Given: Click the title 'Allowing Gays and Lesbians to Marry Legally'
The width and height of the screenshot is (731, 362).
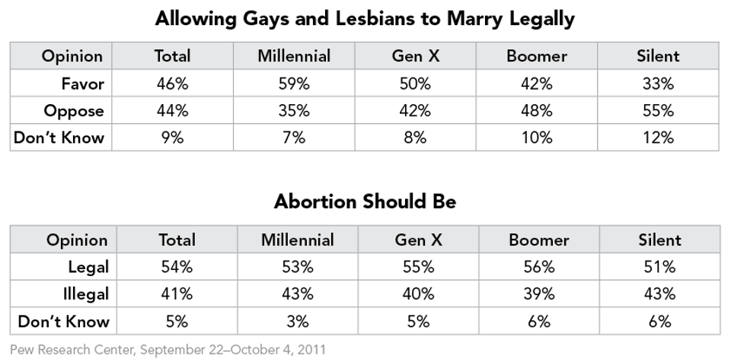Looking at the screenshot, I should (365, 18).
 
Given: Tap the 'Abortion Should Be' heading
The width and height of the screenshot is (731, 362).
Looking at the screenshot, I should (365, 202).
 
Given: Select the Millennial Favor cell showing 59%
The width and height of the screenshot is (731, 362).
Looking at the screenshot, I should (294, 84).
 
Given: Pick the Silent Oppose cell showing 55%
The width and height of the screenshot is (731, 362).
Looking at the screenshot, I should (657, 111).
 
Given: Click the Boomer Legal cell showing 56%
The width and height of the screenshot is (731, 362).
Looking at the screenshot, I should (538, 267).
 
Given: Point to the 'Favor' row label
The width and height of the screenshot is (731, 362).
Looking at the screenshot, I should (81, 84).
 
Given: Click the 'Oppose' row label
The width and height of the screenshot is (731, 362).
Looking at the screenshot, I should (74, 111).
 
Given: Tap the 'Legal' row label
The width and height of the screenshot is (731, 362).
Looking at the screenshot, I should (88, 267).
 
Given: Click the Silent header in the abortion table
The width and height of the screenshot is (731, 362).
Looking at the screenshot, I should (659, 240).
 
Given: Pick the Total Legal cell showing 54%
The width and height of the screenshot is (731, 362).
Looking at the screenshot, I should (177, 267).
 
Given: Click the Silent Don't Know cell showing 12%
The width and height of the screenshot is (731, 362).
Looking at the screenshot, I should (657, 138).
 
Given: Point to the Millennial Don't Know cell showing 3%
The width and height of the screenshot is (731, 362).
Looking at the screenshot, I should (297, 322).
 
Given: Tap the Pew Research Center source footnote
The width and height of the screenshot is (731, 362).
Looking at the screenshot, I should (168, 351).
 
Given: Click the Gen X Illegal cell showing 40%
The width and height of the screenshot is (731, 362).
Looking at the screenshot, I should (419, 294).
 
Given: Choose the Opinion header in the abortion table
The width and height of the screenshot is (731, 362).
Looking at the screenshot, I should (77, 240).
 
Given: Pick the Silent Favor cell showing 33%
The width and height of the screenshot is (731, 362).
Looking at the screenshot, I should (657, 84).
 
